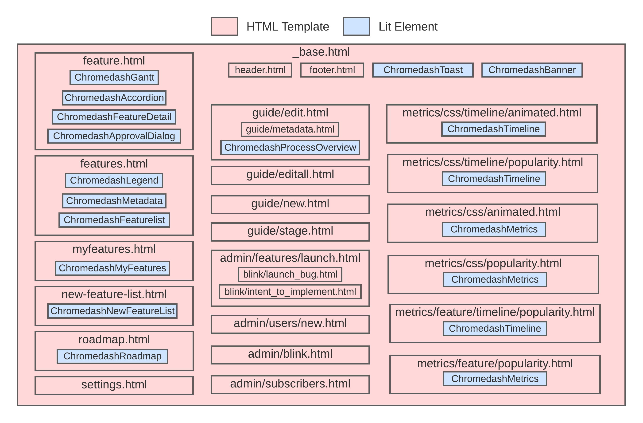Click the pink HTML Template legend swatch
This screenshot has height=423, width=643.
pyautogui.click(x=224, y=27)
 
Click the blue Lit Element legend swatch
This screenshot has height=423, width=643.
pyautogui.click(x=356, y=27)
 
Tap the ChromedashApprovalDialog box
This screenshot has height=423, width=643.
pyautogui.click(x=114, y=136)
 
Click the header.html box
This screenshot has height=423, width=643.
pyautogui.click(x=260, y=70)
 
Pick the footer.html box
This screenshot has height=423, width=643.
pyautogui.click(x=332, y=70)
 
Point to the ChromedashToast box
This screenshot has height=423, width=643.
pyautogui.click(x=422, y=70)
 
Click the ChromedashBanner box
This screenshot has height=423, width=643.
pyautogui.click(x=532, y=70)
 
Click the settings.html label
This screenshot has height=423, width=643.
pyautogui.click(x=114, y=385)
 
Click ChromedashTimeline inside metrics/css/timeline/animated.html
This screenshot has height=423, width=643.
pyautogui.click(x=493, y=129)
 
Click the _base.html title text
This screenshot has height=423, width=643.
pyautogui.click(x=321, y=52)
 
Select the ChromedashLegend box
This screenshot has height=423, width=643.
pyautogui.click(x=114, y=180)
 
